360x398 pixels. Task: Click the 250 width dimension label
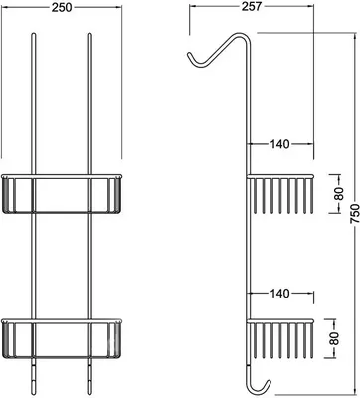(62, 7)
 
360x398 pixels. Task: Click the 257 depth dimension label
(251, 6)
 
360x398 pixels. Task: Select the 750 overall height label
(354, 214)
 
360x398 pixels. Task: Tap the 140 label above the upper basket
(279, 144)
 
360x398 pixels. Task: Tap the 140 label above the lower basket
(279, 294)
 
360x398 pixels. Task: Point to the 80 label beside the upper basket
(338, 193)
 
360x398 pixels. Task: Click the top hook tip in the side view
(189, 54)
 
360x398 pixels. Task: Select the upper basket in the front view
(62, 193)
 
